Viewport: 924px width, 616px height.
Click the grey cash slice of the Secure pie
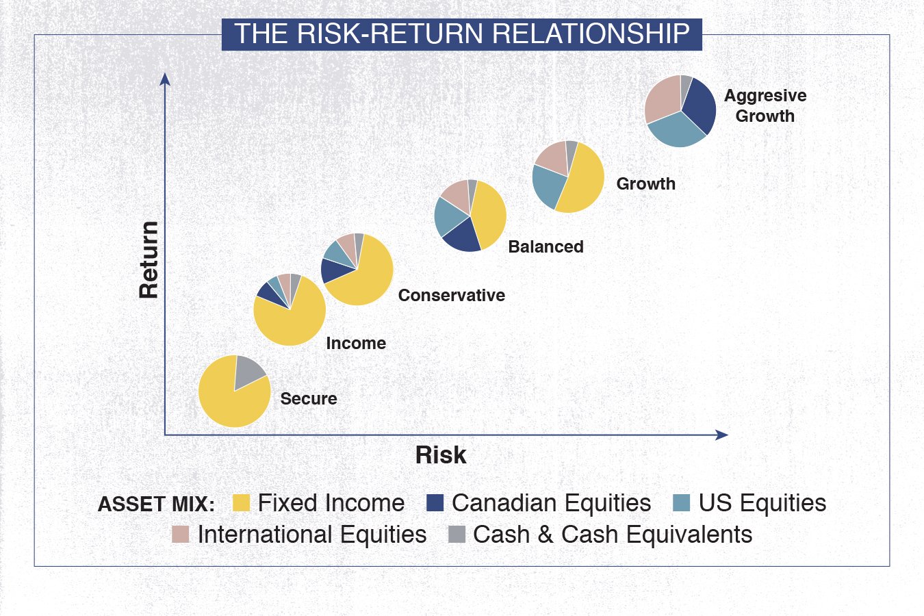pos(248,372)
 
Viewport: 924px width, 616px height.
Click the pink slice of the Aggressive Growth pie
pos(661,99)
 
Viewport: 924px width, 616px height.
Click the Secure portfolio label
pos(309,398)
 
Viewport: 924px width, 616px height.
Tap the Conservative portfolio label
pos(452,296)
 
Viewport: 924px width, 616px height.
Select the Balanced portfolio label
pos(546,246)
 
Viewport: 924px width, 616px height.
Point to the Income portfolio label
pos(356,344)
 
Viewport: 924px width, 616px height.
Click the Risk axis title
pos(441,455)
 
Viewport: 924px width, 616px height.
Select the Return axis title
pos(149,259)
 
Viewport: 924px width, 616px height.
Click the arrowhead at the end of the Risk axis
pos(722,435)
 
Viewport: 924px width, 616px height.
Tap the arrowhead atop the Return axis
pos(165,79)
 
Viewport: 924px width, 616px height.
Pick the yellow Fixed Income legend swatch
pos(241,503)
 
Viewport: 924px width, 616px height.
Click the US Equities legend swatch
pos(681,503)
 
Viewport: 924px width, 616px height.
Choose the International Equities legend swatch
pos(180,535)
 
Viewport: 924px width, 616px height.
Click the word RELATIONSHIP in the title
pos(591,34)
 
